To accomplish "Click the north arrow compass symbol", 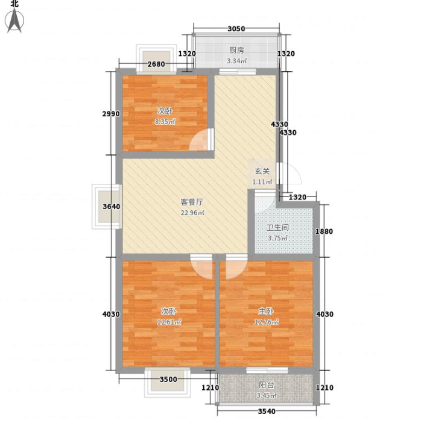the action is click(14, 20).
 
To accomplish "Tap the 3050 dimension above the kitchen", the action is click(236, 28).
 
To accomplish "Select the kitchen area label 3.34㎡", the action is click(237, 61).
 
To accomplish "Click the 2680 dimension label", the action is click(156, 64).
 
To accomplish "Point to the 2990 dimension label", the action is click(111, 114).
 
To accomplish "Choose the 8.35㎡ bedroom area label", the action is click(165, 122).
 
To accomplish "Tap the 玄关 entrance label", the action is click(262, 171).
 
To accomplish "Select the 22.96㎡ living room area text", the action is click(192, 213).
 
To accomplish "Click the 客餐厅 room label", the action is click(192, 202).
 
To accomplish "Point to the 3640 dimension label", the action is click(112, 207).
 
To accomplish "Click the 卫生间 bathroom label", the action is click(277, 227).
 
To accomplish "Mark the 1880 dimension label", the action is click(324, 231).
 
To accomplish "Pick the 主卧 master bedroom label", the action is click(266, 311).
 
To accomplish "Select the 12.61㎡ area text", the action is click(169, 322).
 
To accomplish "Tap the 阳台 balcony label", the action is click(267, 385).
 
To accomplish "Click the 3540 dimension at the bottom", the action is click(267, 412).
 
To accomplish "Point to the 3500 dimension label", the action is click(168, 380).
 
